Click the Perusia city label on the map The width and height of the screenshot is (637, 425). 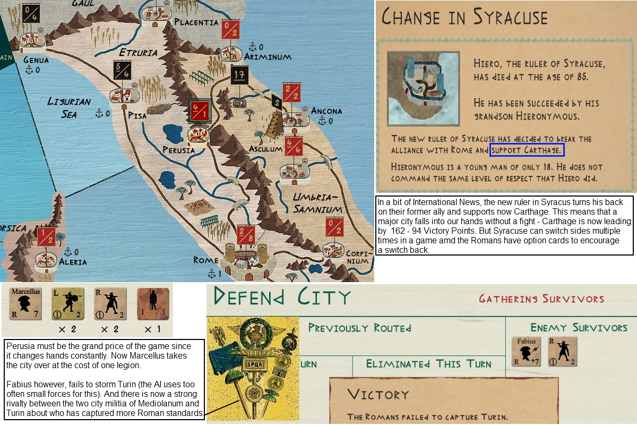point(179,150)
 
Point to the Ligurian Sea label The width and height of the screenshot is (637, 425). point(69,107)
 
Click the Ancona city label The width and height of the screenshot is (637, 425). point(326,111)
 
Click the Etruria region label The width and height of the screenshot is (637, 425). point(138,53)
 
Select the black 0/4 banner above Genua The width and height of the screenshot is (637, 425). point(31,12)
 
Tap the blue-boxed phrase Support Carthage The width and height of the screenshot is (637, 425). point(526,150)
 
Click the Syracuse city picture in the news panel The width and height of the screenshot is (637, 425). point(423,88)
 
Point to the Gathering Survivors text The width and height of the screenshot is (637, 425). point(541,299)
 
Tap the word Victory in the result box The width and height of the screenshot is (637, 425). point(378,394)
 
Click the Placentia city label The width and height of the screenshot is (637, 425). point(196,22)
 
